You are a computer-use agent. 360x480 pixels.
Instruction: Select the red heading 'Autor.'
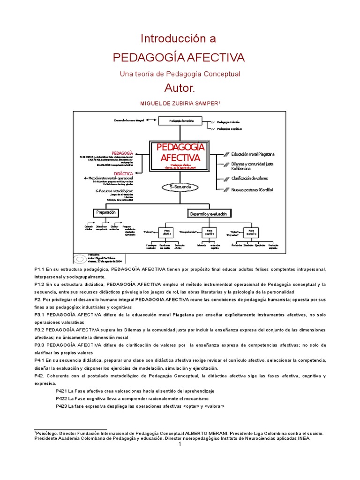179,88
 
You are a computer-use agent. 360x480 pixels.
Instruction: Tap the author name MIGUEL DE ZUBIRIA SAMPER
179,103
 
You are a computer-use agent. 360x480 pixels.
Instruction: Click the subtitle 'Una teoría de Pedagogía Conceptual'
180,74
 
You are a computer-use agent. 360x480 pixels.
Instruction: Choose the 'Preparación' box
105,213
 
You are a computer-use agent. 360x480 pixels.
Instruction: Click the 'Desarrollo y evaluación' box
208,214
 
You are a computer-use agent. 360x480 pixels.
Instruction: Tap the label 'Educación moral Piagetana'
253,154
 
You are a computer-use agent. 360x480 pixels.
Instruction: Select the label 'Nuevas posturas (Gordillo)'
252,190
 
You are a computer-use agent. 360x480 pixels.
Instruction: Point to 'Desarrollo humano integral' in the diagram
129,121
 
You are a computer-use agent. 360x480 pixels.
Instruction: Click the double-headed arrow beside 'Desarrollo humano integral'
151,121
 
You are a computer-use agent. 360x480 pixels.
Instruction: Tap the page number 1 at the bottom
180,445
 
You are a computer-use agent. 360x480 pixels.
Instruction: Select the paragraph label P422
61,398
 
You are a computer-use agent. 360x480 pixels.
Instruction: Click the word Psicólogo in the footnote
47,434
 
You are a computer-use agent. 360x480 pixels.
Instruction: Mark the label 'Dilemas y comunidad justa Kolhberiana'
252,166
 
